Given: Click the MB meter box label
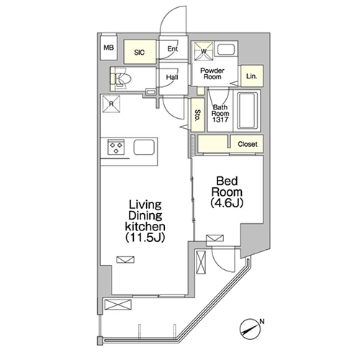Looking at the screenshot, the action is (x=109, y=48).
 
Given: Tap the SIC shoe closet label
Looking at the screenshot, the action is (x=140, y=53).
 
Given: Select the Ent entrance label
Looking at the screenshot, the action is (x=173, y=49).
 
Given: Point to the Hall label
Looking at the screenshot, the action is (x=172, y=77).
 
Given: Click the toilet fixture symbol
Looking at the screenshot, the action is (x=121, y=78).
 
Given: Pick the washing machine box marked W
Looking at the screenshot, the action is (x=204, y=51).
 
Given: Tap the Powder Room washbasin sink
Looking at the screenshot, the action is (x=226, y=50).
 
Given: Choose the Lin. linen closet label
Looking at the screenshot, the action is (x=251, y=76).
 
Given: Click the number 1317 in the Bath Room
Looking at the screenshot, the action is (x=220, y=120).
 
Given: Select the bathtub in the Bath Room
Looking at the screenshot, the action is (x=247, y=110).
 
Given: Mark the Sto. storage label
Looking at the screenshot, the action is (x=198, y=115).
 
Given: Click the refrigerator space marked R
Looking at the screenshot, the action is (x=111, y=104).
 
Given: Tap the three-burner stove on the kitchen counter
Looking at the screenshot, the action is (x=116, y=147).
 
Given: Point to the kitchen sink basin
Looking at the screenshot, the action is (x=144, y=147).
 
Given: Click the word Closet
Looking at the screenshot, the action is (x=248, y=144).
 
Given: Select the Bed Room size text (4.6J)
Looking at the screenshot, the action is (x=227, y=203).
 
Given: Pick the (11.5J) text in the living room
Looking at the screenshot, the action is (x=145, y=238).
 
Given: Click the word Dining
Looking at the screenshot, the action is (x=145, y=215).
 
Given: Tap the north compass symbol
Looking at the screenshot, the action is (x=250, y=329).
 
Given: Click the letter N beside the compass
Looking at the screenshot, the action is (x=262, y=321).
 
